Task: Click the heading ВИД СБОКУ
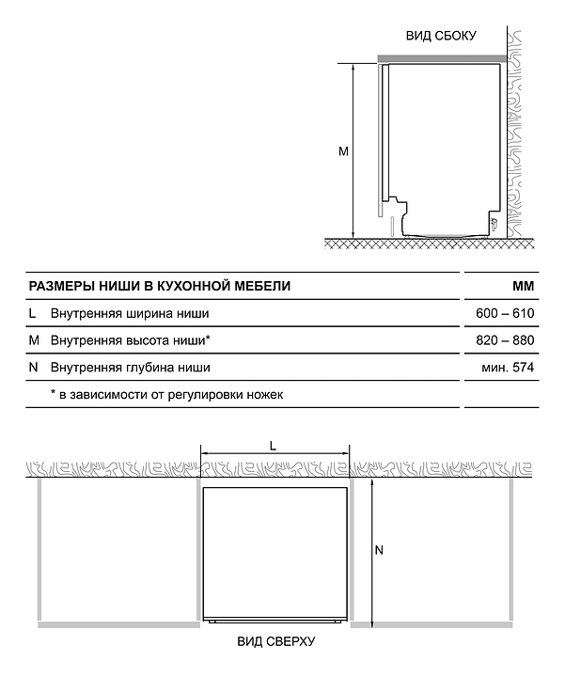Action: pos(441,36)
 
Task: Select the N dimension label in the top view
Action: pos(379,551)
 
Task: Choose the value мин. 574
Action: pos(508,367)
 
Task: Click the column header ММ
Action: pos(523,286)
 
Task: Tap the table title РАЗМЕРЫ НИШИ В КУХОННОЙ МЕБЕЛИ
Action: pos(160,286)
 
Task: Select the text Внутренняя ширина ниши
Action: pos(130,313)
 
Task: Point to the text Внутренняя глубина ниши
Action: pos(131,367)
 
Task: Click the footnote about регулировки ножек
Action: pos(166,394)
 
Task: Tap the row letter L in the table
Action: pos(33,313)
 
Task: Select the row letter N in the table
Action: pos(34,367)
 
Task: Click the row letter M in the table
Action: pos(34,339)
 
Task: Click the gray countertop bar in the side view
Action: pos(442,58)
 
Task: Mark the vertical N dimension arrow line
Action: pos(373,551)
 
